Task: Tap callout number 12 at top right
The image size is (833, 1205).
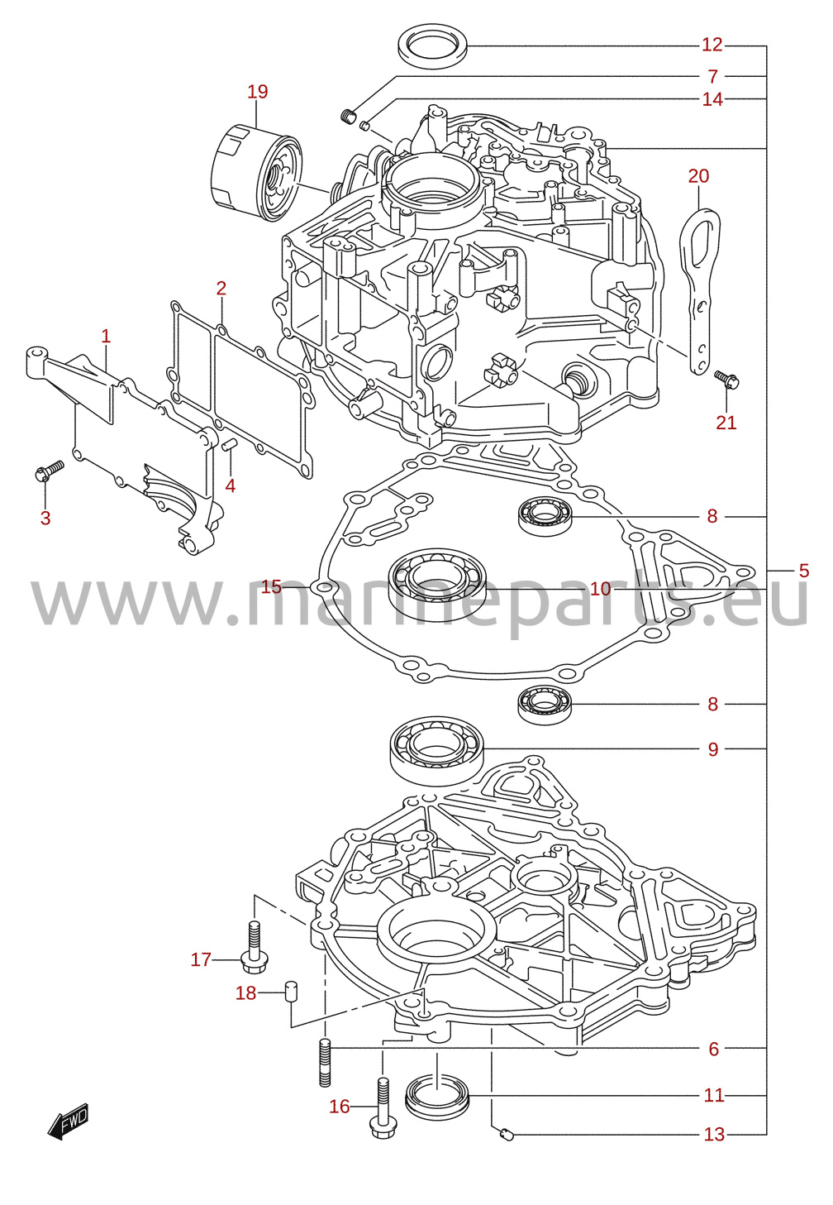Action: coord(712,45)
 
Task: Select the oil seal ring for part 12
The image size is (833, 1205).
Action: coord(433,49)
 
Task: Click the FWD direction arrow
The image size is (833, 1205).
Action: coord(67,1121)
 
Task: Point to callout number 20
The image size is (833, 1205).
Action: coord(698,176)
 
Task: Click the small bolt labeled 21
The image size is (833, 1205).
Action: coord(726,380)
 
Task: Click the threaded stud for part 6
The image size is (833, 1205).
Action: coord(325,1062)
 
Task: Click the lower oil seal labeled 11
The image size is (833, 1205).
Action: coord(437,1094)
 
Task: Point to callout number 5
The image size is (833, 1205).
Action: coord(803,570)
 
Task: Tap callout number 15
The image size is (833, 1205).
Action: coord(271,586)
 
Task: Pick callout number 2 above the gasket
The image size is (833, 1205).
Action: coord(221,289)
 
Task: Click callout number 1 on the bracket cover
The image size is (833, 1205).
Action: coord(106,337)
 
